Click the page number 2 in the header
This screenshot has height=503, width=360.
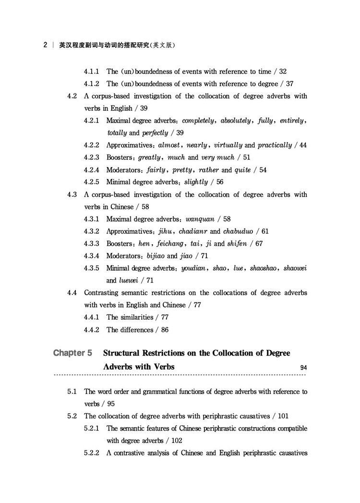45,46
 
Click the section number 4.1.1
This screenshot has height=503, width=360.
91,72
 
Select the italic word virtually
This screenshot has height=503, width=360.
224,145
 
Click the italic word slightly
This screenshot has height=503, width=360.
196,182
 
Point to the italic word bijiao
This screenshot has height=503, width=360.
156,256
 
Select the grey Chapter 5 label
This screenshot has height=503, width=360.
72,353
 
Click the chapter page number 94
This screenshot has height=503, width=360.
303,368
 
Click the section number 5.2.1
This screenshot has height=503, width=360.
91,428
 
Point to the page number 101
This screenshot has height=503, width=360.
283,416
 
